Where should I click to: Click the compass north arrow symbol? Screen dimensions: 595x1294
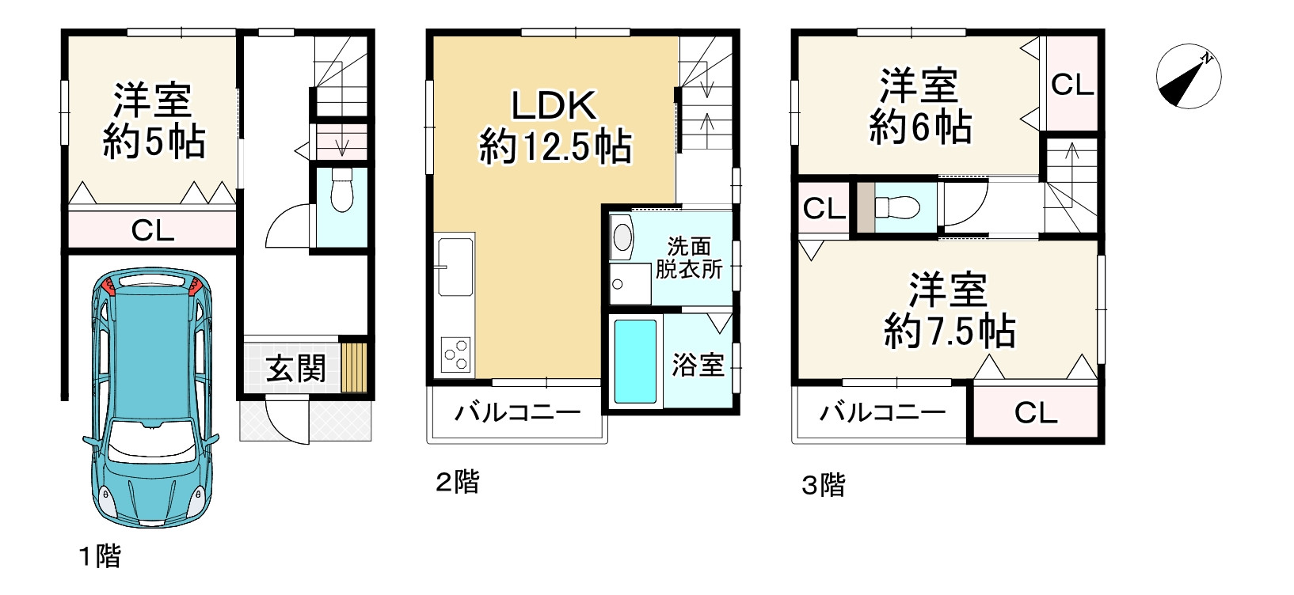[x=1188, y=78]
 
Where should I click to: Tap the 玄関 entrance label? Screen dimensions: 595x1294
[x=295, y=367]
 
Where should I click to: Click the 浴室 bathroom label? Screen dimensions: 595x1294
[x=698, y=365]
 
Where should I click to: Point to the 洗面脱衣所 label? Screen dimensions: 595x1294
[x=688, y=257]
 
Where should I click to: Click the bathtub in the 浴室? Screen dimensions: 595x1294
[x=636, y=361]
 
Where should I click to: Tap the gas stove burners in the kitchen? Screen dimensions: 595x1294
[x=456, y=352]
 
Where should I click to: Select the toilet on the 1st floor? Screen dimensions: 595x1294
[x=341, y=192]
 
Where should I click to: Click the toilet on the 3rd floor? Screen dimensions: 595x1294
[x=896, y=208]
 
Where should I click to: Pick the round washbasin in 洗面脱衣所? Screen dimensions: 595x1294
[x=623, y=236]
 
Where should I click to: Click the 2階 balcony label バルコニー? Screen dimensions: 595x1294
[x=517, y=412]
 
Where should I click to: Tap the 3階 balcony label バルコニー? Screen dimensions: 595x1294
[x=882, y=412]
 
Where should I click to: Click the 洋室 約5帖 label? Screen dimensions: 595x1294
[x=153, y=121]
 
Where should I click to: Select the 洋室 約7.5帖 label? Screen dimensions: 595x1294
[x=949, y=311]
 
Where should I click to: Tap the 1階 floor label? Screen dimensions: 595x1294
[x=99, y=556]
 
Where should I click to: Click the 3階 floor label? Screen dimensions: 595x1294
[x=823, y=484]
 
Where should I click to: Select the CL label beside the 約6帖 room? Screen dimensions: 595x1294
[x=1072, y=85]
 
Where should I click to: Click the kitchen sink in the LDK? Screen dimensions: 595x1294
[x=454, y=267]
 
